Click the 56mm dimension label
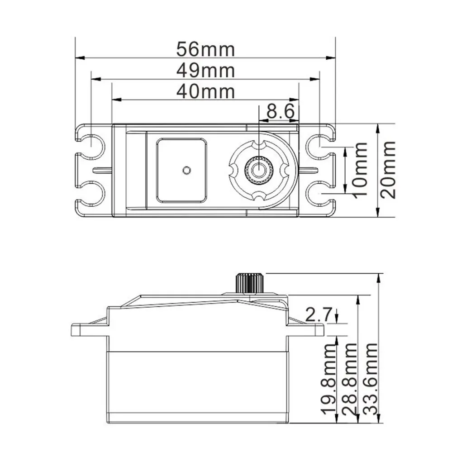(205, 49)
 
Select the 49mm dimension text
(205, 70)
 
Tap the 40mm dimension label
(205, 91)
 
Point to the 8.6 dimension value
(281, 111)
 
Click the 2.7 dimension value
(319, 314)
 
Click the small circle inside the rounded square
(185, 170)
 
